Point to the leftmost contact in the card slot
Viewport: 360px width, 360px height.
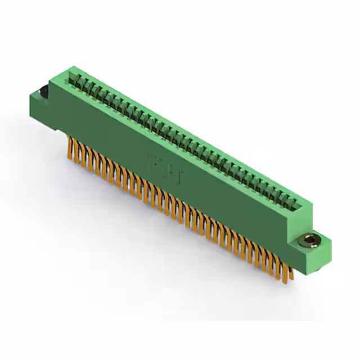click(73, 78)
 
